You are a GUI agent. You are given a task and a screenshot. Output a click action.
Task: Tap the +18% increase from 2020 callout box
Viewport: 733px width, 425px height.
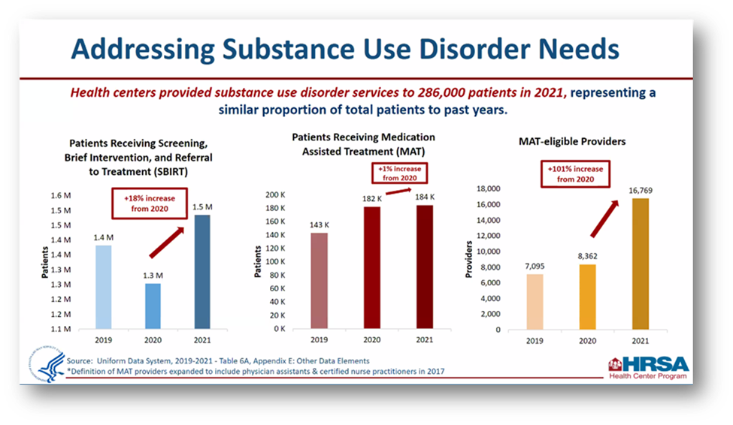pyautogui.click(x=148, y=203)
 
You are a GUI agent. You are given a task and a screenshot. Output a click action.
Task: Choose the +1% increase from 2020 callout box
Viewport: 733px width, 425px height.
pyautogui.click(x=398, y=174)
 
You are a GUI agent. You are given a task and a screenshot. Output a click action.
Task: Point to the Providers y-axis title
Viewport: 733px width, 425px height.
pyautogui.click(x=468, y=259)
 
